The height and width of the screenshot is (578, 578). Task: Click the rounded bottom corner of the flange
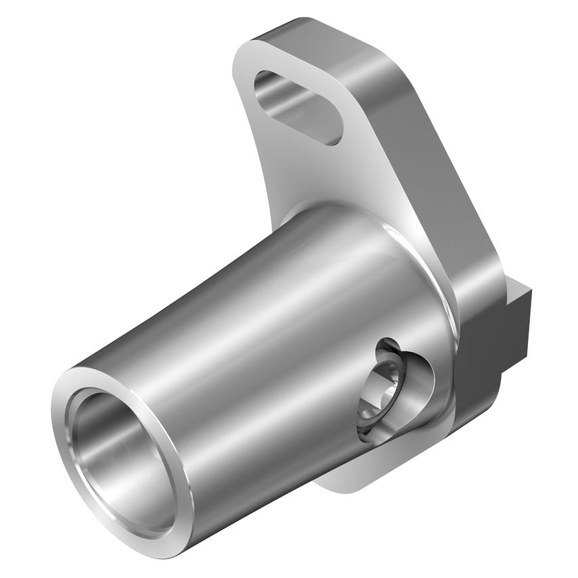352,484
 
